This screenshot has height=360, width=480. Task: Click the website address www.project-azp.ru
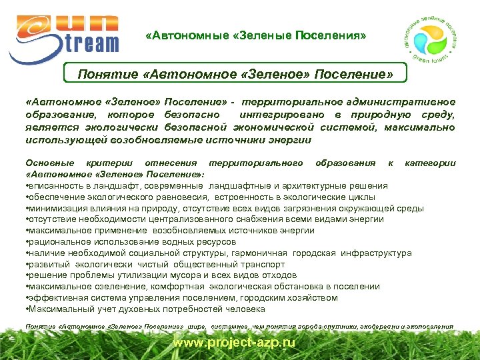tap(234, 343)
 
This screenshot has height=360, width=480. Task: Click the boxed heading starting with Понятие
tap(235, 73)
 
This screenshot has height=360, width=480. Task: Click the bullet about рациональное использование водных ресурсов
tap(130, 241)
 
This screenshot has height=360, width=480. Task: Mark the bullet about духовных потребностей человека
tap(145, 309)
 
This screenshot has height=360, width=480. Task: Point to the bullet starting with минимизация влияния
tap(223, 208)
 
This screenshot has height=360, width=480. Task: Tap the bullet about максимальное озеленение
tap(201, 287)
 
